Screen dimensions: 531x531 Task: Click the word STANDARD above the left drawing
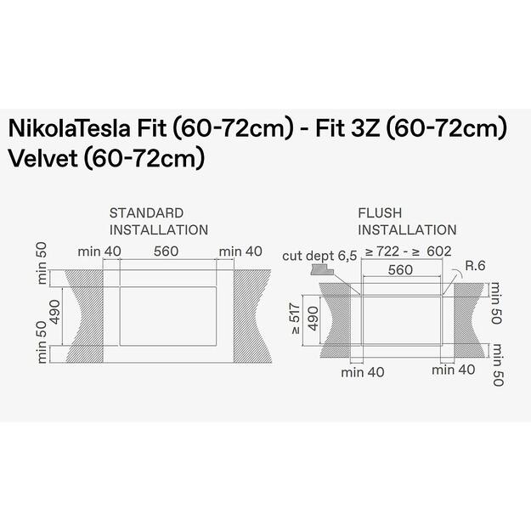[x=146, y=212]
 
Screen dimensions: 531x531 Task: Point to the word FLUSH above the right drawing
[x=380, y=212]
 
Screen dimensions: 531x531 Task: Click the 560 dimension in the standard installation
[x=167, y=251]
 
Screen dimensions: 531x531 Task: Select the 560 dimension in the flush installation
[x=399, y=270]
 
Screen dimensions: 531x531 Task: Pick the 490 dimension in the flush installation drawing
[x=314, y=319]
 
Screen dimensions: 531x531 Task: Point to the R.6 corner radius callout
[x=476, y=267]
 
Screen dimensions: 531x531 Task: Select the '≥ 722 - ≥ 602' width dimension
[x=407, y=251]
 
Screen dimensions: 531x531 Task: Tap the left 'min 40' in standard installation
[x=99, y=251]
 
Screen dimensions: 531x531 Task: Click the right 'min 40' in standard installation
[x=240, y=251]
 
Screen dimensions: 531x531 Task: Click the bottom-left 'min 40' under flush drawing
[x=364, y=371]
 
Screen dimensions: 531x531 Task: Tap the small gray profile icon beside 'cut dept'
[x=321, y=269]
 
